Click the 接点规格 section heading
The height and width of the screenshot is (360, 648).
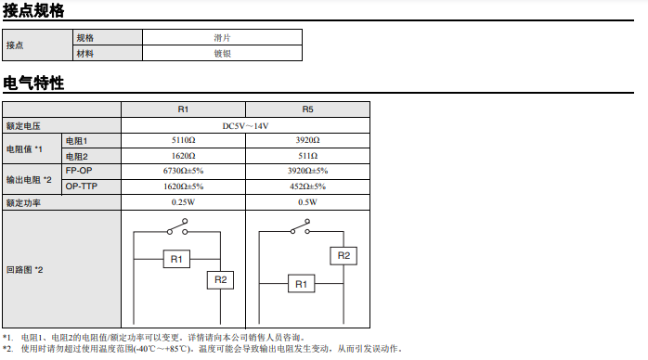point(33,10)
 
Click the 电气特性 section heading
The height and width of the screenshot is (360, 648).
point(33,83)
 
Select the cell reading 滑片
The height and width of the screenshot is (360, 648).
point(222,37)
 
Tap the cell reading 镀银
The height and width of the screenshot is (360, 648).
point(222,53)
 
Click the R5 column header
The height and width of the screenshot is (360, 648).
point(308,109)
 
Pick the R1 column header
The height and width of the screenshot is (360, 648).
point(183,109)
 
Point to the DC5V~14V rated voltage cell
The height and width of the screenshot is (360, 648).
point(245,126)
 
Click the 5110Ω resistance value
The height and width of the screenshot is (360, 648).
point(184,140)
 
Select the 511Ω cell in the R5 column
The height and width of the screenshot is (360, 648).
point(308,156)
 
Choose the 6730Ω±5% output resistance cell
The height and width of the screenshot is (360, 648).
point(184,171)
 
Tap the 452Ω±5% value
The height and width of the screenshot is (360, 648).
point(308,186)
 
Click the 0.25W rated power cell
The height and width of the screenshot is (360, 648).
point(184,202)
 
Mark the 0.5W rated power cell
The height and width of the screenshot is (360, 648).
point(308,202)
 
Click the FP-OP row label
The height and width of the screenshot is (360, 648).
point(79,171)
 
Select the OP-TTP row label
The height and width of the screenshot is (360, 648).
point(82,186)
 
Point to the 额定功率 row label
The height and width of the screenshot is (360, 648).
point(23,202)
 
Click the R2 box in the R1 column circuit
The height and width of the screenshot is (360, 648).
point(220,280)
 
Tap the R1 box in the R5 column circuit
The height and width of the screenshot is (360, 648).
point(302,284)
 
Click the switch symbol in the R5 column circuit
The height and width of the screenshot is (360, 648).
point(301,227)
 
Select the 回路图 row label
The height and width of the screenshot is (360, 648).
point(24,270)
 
